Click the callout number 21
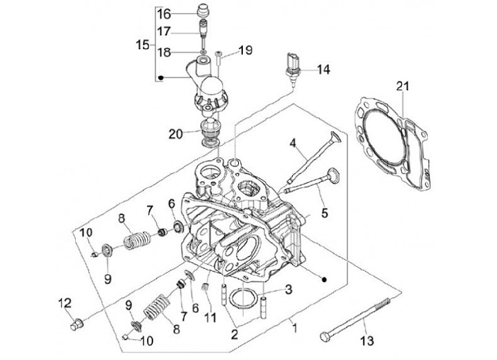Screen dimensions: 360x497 [x=402, y=86]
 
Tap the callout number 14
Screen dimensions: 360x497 [x=324, y=70]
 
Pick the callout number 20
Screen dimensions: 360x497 [x=176, y=133]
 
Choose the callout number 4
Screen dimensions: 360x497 [x=293, y=143]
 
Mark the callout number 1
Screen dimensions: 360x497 [x=295, y=325]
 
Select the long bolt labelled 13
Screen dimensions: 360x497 [x=358, y=319]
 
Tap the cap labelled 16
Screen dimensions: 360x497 [x=203, y=12]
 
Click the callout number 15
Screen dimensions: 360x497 [x=143, y=45]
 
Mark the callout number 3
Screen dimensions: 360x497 [x=288, y=288]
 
